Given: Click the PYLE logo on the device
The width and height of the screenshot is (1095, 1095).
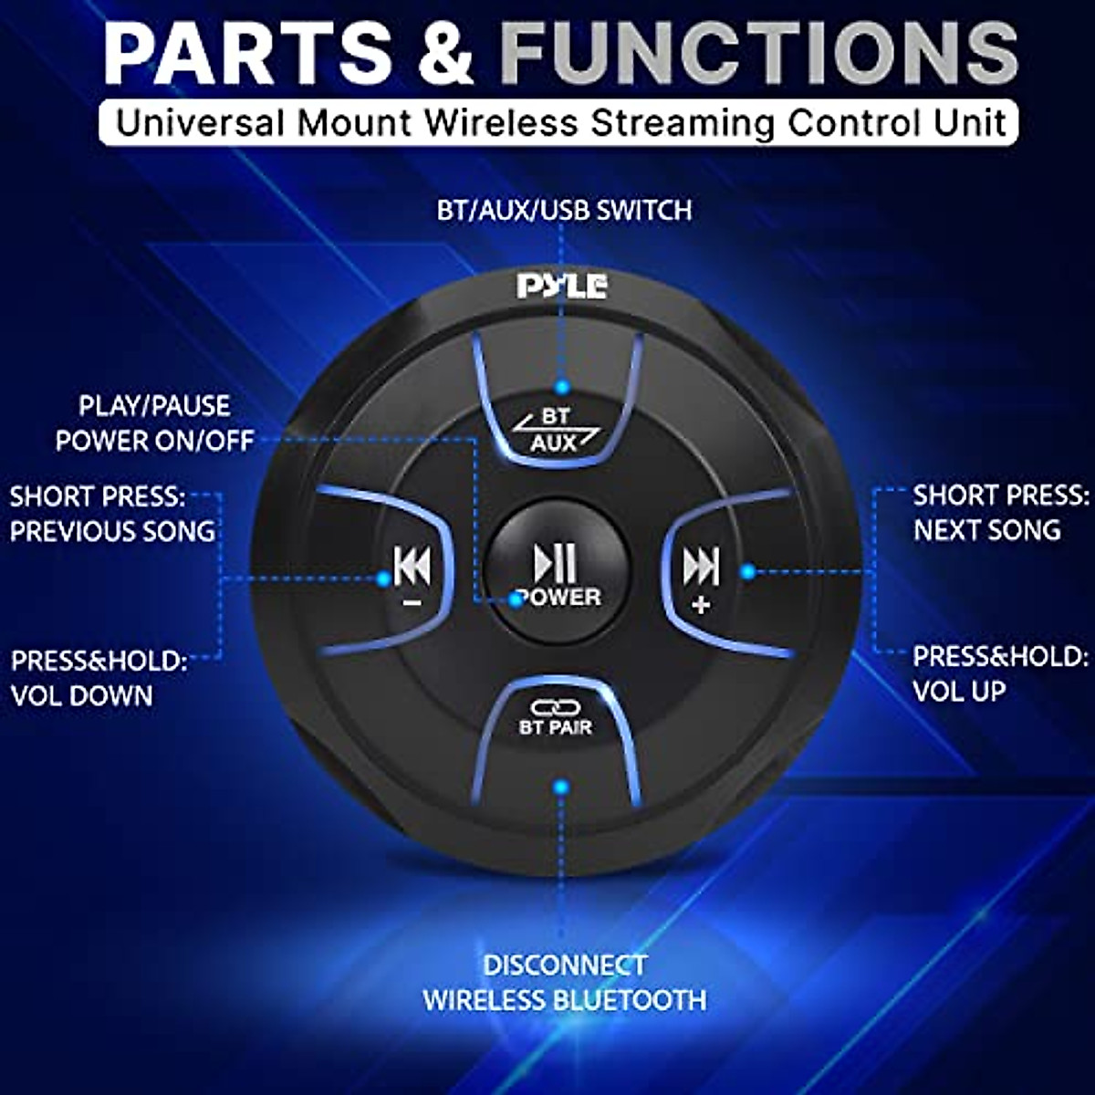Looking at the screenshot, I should coord(561,286).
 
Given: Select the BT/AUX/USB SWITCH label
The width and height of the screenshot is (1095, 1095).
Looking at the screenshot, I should coord(564,211).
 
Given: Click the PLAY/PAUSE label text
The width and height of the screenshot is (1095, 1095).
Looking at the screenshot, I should coord(154,406).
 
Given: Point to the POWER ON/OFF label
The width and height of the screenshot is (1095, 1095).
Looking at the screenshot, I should coord(154,442).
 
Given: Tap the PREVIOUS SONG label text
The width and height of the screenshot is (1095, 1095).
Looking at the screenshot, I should coord(112,531).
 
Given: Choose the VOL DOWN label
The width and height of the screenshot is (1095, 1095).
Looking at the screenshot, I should coord(82,695).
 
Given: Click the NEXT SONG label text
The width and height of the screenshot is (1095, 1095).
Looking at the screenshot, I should coord(987,529).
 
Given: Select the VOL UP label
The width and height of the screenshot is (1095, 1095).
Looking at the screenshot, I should coord(959,691).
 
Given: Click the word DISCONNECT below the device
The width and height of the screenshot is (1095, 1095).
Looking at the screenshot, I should coord(564,965).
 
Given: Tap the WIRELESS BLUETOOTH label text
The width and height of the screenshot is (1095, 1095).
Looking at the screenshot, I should coord(564,1000).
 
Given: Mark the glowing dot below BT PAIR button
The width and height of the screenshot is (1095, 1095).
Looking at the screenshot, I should coord(561,786).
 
